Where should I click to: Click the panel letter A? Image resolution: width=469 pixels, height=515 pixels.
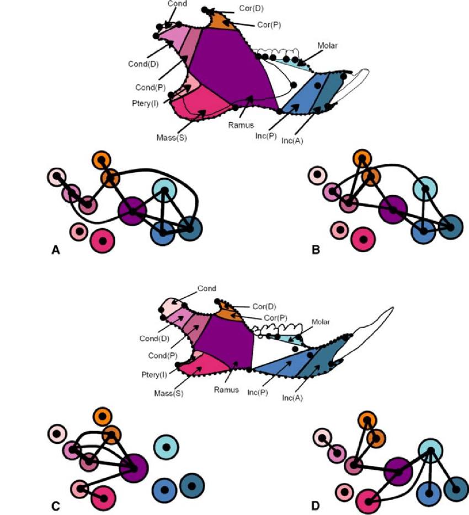55,250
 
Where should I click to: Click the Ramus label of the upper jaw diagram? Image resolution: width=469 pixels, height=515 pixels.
240,125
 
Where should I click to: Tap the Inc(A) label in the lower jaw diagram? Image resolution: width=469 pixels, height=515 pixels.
294,397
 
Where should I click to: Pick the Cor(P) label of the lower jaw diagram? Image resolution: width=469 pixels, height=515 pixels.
266,319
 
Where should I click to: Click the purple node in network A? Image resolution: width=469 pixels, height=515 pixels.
132,210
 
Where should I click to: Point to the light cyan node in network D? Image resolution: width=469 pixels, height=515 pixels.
431,451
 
